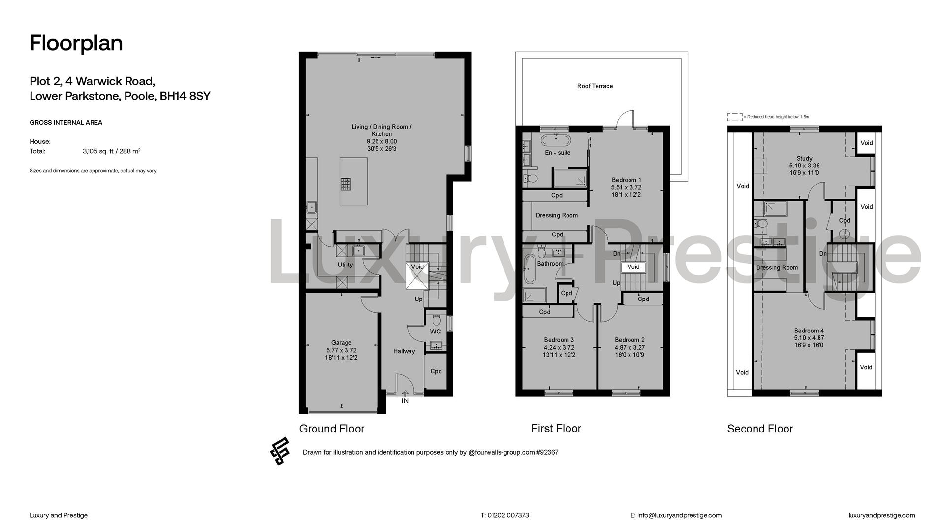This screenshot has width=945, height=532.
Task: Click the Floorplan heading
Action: click(x=76, y=43)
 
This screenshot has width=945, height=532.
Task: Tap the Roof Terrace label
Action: click(x=595, y=86)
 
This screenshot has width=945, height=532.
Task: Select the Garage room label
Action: click(x=341, y=343)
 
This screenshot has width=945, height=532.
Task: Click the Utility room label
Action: click(x=345, y=265)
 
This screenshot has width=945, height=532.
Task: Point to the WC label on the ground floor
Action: click(x=435, y=332)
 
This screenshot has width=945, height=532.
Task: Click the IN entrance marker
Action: click(x=405, y=401)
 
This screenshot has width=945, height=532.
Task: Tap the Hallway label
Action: click(x=404, y=351)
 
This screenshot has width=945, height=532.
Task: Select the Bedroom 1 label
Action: click(x=626, y=180)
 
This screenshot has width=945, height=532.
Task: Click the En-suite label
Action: click(x=558, y=153)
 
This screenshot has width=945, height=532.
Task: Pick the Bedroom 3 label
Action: click(x=559, y=340)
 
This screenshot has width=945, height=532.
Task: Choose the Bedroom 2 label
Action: click(x=630, y=340)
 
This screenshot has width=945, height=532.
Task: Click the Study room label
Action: click(x=804, y=159)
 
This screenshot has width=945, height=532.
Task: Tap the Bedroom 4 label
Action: click(x=809, y=331)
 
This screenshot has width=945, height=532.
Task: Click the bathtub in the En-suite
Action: click(x=557, y=140)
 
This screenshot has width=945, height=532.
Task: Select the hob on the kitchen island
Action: click(x=346, y=184)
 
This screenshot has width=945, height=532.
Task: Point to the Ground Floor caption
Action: click(x=332, y=429)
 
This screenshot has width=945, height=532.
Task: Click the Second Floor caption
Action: click(x=760, y=429)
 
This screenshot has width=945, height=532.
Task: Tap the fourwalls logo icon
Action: click(x=280, y=451)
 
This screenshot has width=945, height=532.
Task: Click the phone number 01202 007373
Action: click(x=508, y=515)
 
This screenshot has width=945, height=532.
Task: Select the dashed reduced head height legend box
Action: click(x=735, y=117)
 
